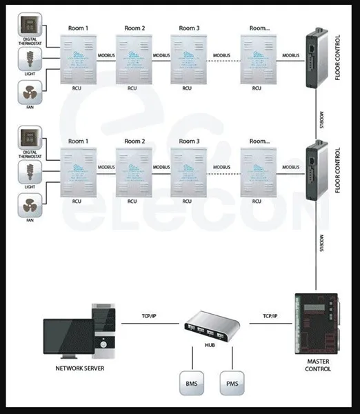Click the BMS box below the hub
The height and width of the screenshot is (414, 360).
pos(190,383)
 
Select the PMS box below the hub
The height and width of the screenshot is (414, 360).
pos(231,383)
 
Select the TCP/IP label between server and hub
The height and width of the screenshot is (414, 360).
pos(146,317)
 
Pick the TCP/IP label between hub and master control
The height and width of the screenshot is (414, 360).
pos(270,317)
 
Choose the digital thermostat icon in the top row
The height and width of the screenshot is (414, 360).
pos(30,27)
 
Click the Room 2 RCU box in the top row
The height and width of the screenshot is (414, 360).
pos(133,59)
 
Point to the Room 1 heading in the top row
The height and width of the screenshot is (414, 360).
pos(78,28)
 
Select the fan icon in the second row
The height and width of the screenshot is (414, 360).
pos(30,204)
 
